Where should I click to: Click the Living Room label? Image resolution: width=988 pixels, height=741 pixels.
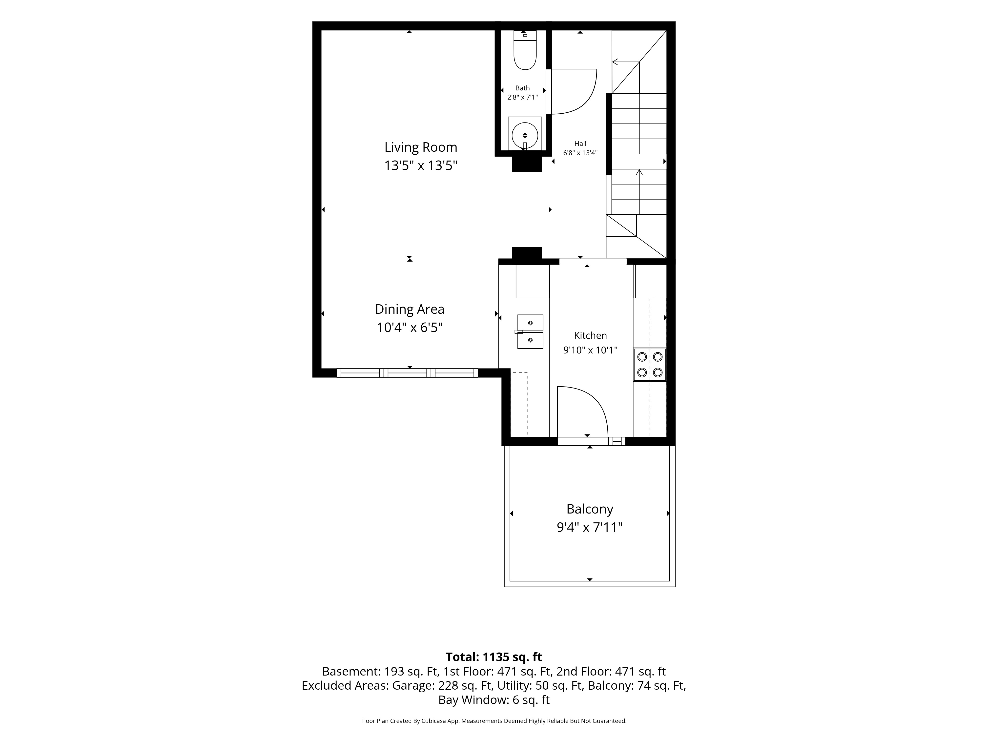(x=421, y=147)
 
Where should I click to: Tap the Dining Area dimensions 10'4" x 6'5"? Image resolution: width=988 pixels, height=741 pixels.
(x=410, y=327)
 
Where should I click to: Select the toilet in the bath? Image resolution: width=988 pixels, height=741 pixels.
(x=525, y=50)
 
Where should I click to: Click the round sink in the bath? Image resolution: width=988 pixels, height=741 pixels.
(x=525, y=135)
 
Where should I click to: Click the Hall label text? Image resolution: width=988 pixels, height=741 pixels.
(x=580, y=143)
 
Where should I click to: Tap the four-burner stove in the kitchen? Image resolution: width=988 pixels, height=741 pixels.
(x=649, y=365)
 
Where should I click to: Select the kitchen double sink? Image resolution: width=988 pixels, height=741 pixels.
(x=530, y=331)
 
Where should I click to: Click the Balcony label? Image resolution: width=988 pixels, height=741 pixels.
(x=590, y=509)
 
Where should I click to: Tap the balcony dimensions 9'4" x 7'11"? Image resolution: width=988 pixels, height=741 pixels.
(x=590, y=528)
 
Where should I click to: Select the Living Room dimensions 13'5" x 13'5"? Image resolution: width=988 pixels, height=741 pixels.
(x=421, y=166)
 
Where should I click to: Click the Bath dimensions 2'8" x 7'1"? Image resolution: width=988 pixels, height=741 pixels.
(x=523, y=97)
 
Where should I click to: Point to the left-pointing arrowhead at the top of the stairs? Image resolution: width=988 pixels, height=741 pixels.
(x=615, y=62)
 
